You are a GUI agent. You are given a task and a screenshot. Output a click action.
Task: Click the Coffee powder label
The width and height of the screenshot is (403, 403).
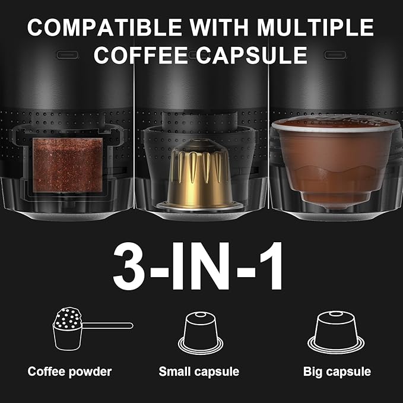[69, 372]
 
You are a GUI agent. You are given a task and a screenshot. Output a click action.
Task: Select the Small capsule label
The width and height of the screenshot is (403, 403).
[199, 372]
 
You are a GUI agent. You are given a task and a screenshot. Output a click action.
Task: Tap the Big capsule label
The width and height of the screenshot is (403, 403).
[337, 372]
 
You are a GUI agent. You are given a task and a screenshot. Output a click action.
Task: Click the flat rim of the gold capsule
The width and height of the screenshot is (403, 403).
[200, 205]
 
